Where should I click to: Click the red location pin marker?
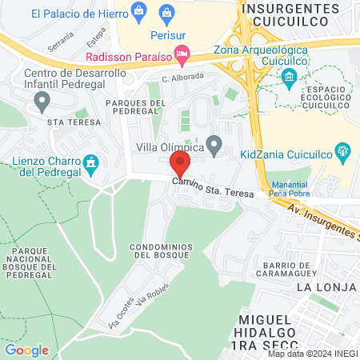pos(180,163)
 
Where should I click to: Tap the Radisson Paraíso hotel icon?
pos(182,56)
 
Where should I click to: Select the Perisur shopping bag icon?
pos(166,12)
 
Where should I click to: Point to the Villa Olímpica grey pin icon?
pos(214,145)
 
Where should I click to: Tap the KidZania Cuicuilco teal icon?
pos(343,150)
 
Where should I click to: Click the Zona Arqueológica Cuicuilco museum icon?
pos(289,77)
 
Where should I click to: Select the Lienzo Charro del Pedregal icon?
pos(91,163)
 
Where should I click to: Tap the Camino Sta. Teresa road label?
pos(214,190)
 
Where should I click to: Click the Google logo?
pos(26,350)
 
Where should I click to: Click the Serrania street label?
pos(60,41)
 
